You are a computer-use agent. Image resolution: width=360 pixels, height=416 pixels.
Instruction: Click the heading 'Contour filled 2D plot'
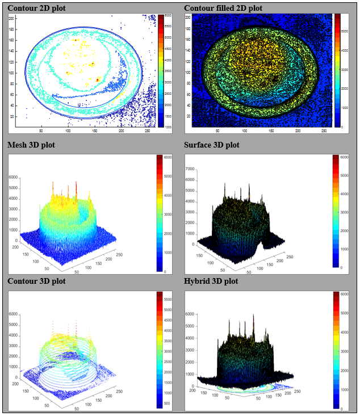223,9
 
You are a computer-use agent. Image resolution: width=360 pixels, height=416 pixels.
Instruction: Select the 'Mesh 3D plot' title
31,145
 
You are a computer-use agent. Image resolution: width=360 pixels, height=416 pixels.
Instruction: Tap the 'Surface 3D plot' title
212,145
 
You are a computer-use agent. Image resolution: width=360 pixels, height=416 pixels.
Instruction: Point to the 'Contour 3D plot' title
36,281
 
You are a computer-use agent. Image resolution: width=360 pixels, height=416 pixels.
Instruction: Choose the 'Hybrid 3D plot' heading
211,281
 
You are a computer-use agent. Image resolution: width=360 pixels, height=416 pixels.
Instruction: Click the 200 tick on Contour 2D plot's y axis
11,18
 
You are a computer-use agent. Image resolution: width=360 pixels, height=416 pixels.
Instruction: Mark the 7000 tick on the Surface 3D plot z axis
190,169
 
